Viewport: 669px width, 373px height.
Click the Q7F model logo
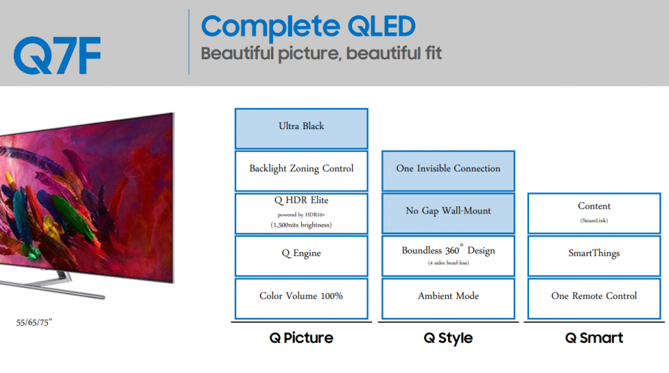tap(57, 56)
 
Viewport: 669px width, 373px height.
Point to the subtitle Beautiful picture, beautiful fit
tap(321, 54)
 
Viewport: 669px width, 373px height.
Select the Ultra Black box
tap(301, 128)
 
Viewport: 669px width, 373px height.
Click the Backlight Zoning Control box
tap(301, 171)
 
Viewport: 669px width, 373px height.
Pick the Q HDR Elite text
tap(301, 200)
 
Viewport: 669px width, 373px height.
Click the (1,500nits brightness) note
tap(301, 225)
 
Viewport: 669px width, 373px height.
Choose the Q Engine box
tap(301, 256)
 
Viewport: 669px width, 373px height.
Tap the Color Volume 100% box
tap(301, 298)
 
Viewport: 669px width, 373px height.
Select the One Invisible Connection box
tap(448, 171)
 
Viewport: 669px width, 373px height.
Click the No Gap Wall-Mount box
tap(448, 213)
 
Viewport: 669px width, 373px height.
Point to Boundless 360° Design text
tap(448, 250)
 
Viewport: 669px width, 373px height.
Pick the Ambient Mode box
tap(448, 298)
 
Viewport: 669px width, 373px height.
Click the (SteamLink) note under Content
tap(594, 220)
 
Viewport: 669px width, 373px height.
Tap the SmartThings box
tap(594, 256)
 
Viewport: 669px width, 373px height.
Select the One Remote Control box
tap(594, 298)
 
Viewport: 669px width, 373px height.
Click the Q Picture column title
tap(301, 338)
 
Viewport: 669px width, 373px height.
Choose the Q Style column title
tap(448, 338)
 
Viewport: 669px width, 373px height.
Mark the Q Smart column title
tap(594, 338)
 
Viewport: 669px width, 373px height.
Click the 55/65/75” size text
tap(34, 323)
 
